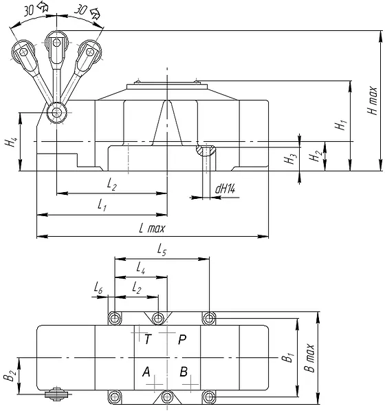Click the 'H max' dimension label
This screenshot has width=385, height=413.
coord(372,100)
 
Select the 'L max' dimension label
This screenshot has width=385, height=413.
coord(152,228)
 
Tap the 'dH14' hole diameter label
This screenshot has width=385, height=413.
coord(225,189)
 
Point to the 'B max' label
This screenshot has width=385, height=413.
coord(310,358)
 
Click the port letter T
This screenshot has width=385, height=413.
coord(148,339)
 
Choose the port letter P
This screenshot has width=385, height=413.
coord(182,339)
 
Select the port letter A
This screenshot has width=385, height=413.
coord(146,372)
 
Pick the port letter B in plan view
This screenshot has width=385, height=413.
coord(184,372)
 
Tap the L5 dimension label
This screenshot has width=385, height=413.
coord(162,249)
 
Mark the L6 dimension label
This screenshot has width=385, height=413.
coord(98,288)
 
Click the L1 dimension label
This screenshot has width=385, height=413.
coord(102,204)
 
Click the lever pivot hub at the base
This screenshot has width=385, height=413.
coord(56,113)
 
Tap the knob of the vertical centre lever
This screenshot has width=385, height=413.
coord(56,42)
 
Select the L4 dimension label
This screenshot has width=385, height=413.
coord(141,268)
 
